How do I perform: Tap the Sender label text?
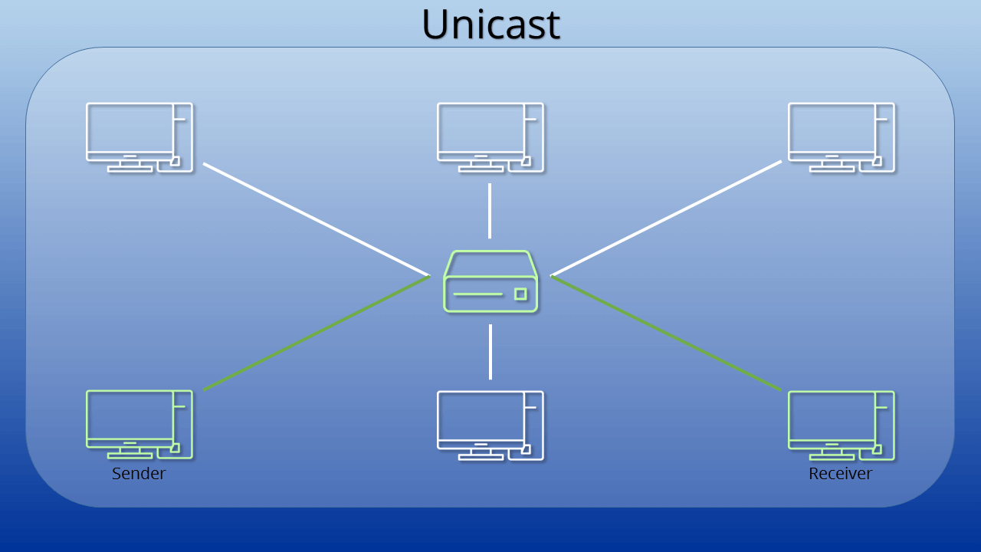[x=139, y=474]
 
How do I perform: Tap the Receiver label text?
[x=841, y=474]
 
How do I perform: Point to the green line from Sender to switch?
[x=317, y=333]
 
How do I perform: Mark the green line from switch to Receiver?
[x=666, y=333]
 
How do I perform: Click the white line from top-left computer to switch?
[x=317, y=219]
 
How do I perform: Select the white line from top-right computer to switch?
[x=666, y=219]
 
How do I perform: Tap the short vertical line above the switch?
[x=490, y=211]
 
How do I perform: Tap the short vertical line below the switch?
[x=490, y=352]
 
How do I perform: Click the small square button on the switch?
[x=520, y=294]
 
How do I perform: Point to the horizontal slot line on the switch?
[x=477, y=294]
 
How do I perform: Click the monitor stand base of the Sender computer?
[x=130, y=456]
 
